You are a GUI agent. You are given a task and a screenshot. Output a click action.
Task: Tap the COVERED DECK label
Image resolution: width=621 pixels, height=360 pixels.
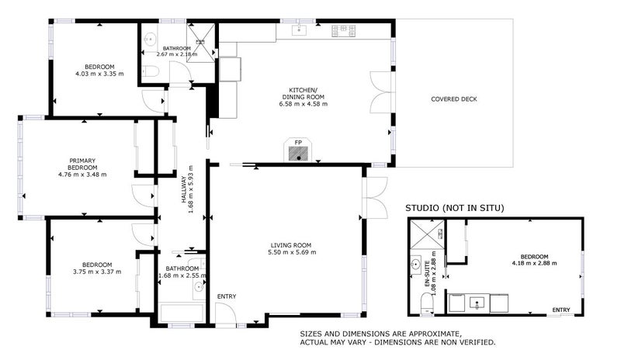coord(454,99)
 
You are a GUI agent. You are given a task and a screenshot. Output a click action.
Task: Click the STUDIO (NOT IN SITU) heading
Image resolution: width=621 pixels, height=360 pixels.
coord(456,208)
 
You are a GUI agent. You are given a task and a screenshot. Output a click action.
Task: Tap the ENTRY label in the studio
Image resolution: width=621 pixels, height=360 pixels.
coord(561,310)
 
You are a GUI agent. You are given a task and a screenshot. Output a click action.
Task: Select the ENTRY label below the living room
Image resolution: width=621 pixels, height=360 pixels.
coord(227,296)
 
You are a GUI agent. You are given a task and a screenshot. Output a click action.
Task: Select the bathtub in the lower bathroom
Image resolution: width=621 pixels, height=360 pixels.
coord(182,313)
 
